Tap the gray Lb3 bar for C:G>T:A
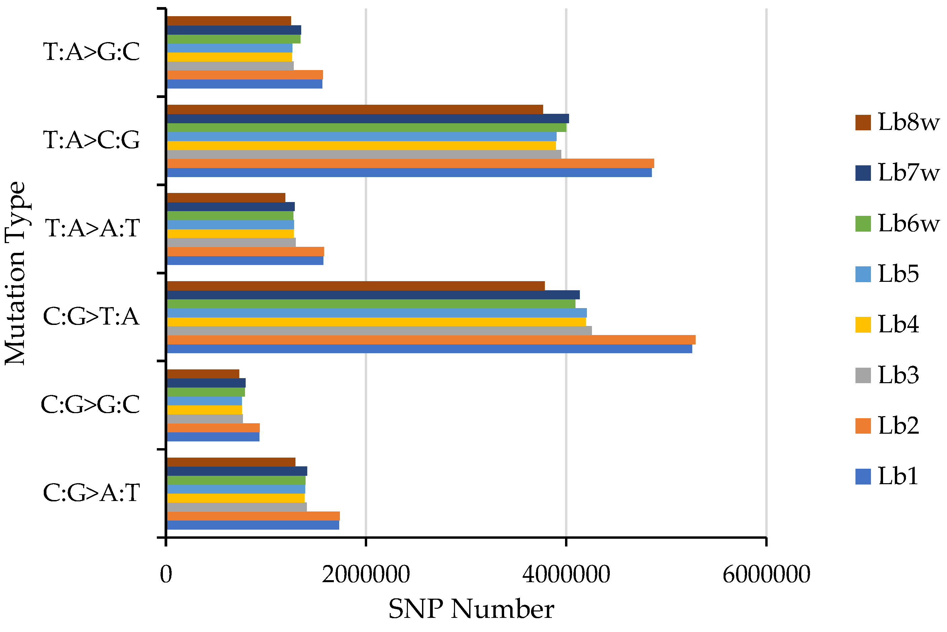379,331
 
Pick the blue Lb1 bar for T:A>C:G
409,172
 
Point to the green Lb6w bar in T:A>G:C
233,39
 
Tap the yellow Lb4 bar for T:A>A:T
230,234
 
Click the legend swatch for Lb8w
863,122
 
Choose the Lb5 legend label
898,274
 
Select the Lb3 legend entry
898,375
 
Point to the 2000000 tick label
365,575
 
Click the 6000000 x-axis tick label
766,575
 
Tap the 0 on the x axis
166,575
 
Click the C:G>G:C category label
90,405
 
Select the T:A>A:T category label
92,228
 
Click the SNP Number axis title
471,609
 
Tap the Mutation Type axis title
15,273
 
